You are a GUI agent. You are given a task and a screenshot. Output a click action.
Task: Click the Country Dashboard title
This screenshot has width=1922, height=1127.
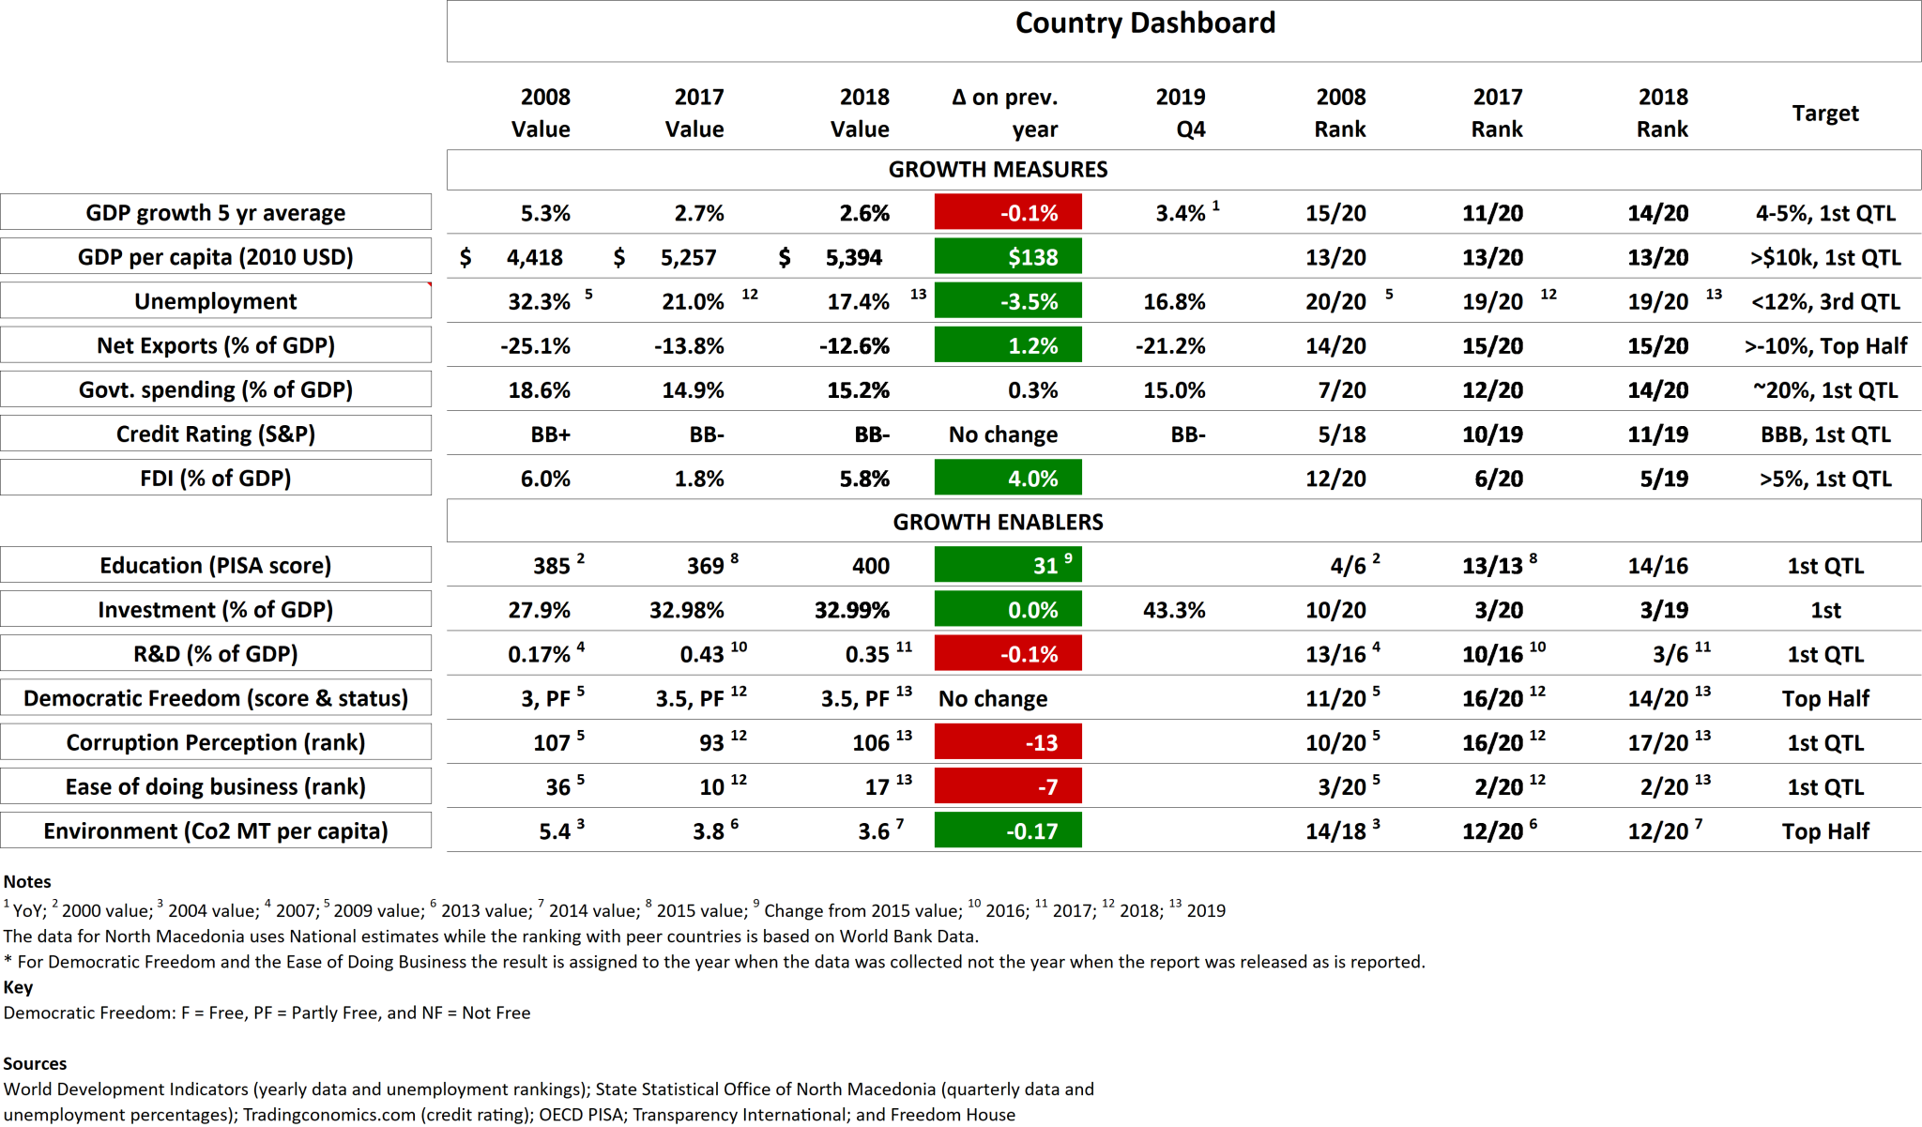click(1145, 23)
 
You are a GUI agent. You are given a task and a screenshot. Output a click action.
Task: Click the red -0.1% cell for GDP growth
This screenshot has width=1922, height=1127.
click(1008, 212)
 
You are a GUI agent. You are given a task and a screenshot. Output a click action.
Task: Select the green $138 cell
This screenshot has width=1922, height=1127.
click(1008, 256)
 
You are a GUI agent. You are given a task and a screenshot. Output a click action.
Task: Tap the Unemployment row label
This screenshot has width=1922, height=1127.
click(215, 301)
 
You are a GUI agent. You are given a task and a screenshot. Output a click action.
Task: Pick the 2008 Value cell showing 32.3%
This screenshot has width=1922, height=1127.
click(539, 301)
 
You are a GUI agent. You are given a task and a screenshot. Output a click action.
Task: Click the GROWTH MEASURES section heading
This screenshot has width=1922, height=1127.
click(998, 169)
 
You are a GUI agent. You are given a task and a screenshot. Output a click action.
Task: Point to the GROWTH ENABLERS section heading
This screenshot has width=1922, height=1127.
click(998, 522)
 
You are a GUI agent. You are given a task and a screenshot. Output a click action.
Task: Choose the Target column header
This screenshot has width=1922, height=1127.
click(1824, 114)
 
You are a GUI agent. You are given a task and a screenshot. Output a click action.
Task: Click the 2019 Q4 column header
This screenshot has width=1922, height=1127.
click(1181, 113)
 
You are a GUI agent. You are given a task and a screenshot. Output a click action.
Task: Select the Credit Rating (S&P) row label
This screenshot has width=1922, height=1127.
click(215, 434)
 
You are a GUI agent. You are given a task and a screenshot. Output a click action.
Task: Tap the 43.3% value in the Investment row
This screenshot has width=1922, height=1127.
click(1174, 610)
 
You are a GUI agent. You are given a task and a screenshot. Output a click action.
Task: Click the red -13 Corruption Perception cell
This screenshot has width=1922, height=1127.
click(1008, 742)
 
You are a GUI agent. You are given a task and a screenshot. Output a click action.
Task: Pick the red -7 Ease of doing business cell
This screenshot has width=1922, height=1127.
click(1008, 786)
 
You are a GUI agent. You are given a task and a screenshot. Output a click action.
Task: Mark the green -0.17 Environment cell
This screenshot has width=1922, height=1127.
click(1008, 830)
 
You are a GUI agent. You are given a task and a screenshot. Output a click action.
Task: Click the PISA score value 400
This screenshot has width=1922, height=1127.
click(870, 566)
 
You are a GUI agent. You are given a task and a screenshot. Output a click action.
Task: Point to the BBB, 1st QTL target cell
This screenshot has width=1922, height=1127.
click(1824, 434)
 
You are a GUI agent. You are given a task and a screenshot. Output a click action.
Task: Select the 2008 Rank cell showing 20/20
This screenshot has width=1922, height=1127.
click(1335, 301)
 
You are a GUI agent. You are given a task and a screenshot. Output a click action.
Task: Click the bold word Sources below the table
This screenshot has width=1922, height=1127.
click(35, 1063)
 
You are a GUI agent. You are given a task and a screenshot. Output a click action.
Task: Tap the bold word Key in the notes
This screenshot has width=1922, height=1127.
click(18, 986)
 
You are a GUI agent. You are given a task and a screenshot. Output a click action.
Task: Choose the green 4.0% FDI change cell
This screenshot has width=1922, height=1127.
click(1008, 478)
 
